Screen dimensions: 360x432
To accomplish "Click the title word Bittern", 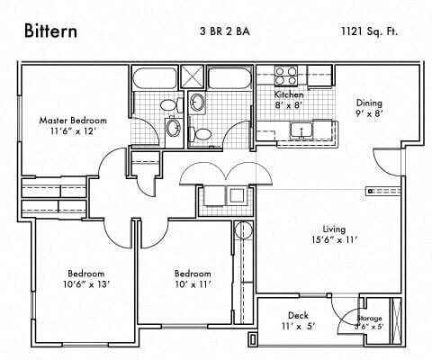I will (x=49, y=30).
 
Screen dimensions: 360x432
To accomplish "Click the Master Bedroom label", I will (x=73, y=120).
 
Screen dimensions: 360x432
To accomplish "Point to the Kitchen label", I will (x=288, y=94).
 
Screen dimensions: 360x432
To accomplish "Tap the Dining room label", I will (x=370, y=103).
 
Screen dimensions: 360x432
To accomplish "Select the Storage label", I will (x=370, y=319).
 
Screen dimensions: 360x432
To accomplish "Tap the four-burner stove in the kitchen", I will (x=285, y=76).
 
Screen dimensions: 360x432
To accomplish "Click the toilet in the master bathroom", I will (x=168, y=106).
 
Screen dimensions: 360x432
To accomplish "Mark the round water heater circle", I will (x=243, y=229).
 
